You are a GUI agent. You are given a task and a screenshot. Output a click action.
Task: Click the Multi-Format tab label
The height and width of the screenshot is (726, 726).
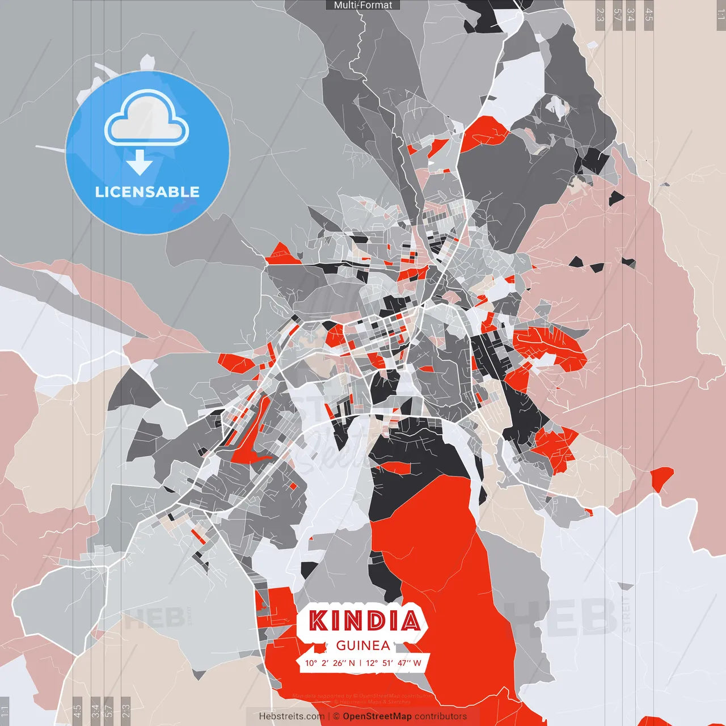coord(363,5)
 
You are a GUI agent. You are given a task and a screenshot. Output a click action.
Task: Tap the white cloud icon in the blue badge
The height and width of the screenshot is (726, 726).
coord(147,122)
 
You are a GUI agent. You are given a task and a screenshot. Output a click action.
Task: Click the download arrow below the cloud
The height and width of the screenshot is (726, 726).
coord(140,163)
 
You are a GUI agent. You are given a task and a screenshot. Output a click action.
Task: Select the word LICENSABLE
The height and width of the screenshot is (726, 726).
coord(147,192)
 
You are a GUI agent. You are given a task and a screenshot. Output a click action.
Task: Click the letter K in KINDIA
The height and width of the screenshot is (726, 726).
coord(319,621)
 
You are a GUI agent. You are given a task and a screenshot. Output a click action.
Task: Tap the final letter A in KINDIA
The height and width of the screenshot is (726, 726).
coord(409,621)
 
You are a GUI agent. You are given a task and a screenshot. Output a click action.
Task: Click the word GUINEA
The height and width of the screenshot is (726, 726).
coord(363,645)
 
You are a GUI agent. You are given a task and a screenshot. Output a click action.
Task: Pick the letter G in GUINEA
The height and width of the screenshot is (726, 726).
coord(341,645)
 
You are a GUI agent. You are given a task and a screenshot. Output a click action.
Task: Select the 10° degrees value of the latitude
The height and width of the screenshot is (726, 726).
coord(311,663)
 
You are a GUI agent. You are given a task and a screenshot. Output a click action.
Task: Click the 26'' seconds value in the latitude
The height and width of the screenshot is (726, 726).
coord(339,663)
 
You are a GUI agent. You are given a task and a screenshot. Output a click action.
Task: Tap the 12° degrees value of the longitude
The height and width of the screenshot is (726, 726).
coord(372,663)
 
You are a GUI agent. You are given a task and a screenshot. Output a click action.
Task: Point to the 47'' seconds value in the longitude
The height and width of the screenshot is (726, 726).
coord(403,663)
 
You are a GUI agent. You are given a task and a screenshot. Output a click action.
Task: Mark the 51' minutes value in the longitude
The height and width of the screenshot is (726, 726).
coord(387,663)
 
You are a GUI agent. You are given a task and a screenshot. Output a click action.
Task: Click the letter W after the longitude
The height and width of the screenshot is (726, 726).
coord(417,663)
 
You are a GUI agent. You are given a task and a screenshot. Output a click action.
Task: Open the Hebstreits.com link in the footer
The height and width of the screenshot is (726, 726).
coord(292,716)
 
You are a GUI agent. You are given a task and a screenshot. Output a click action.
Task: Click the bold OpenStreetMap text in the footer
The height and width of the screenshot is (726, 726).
coord(377,716)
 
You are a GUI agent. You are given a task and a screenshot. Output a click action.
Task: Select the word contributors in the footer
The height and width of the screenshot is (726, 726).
coord(441,716)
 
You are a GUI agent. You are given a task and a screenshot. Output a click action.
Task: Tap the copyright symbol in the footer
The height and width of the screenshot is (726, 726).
coord(336,716)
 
